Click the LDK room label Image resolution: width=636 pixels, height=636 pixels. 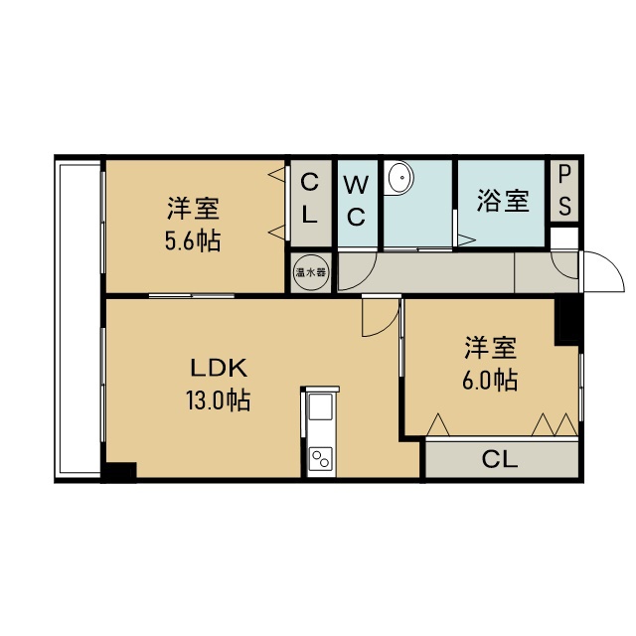(x=219, y=369)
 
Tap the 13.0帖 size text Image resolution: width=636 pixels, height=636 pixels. (x=219, y=400)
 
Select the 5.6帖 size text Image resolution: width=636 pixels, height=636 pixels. (x=193, y=240)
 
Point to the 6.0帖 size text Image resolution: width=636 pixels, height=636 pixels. (x=490, y=380)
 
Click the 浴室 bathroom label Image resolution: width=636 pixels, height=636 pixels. (x=503, y=201)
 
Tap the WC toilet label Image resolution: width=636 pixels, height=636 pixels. (x=356, y=201)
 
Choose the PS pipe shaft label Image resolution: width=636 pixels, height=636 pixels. (x=564, y=191)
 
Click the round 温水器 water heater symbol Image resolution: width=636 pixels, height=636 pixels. (x=311, y=272)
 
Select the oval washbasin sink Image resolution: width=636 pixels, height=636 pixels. (x=400, y=177)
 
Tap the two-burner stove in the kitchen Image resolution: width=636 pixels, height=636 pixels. (x=320, y=459)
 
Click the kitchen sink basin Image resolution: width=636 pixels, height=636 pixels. (x=321, y=406)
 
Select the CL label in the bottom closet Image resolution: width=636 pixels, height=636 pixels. (x=500, y=459)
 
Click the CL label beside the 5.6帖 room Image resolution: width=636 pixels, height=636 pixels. (x=309, y=198)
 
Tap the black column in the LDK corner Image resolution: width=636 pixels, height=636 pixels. (x=118, y=472)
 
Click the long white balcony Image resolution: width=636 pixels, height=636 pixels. (x=79, y=318)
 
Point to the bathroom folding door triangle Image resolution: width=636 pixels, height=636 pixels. (x=466, y=239)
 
